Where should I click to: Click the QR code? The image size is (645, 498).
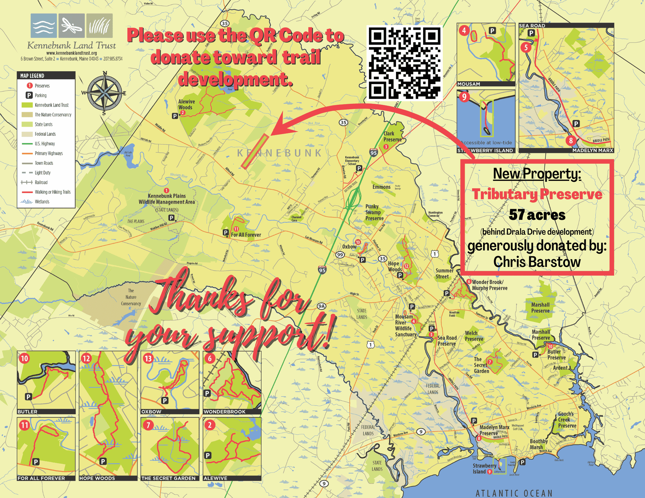(404, 63)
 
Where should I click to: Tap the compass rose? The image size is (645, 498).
(104, 93)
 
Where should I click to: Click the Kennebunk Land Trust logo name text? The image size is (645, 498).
(71, 45)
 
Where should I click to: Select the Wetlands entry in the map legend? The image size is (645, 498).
(42, 202)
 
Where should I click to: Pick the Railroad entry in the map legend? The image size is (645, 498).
(41, 182)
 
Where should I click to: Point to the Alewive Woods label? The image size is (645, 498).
(186, 104)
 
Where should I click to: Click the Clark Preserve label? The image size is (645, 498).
(392, 137)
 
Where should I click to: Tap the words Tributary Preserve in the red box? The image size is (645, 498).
(537, 194)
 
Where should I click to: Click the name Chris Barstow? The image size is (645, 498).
(537, 262)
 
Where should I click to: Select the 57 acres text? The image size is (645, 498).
(537, 215)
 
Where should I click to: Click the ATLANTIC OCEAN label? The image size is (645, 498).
(514, 493)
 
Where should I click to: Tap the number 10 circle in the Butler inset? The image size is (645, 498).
(25, 358)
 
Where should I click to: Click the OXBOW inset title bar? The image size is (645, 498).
(170, 412)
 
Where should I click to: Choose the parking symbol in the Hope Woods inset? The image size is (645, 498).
(103, 461)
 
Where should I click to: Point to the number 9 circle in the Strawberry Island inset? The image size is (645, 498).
(464, 97)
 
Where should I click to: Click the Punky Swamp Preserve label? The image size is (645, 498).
(374, 212)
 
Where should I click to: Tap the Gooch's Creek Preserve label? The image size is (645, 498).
(567, 420)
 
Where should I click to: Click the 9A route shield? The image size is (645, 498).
(321, 306)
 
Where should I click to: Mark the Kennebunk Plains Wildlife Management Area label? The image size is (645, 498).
(167, 199)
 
